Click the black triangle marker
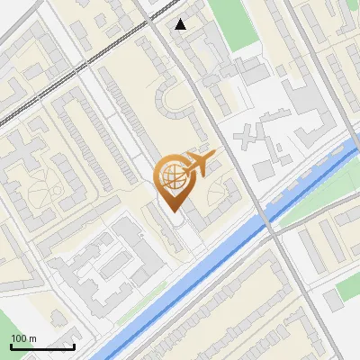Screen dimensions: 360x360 coord(181,24)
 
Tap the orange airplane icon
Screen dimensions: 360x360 coord(197,163)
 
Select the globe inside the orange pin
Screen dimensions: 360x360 coord(171,175)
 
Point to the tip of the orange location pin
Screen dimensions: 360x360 coord(172,210)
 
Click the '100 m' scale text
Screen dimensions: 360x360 coord(23,338)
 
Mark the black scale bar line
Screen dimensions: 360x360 coord(42,346)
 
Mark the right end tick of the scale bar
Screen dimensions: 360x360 coord(74,346)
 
